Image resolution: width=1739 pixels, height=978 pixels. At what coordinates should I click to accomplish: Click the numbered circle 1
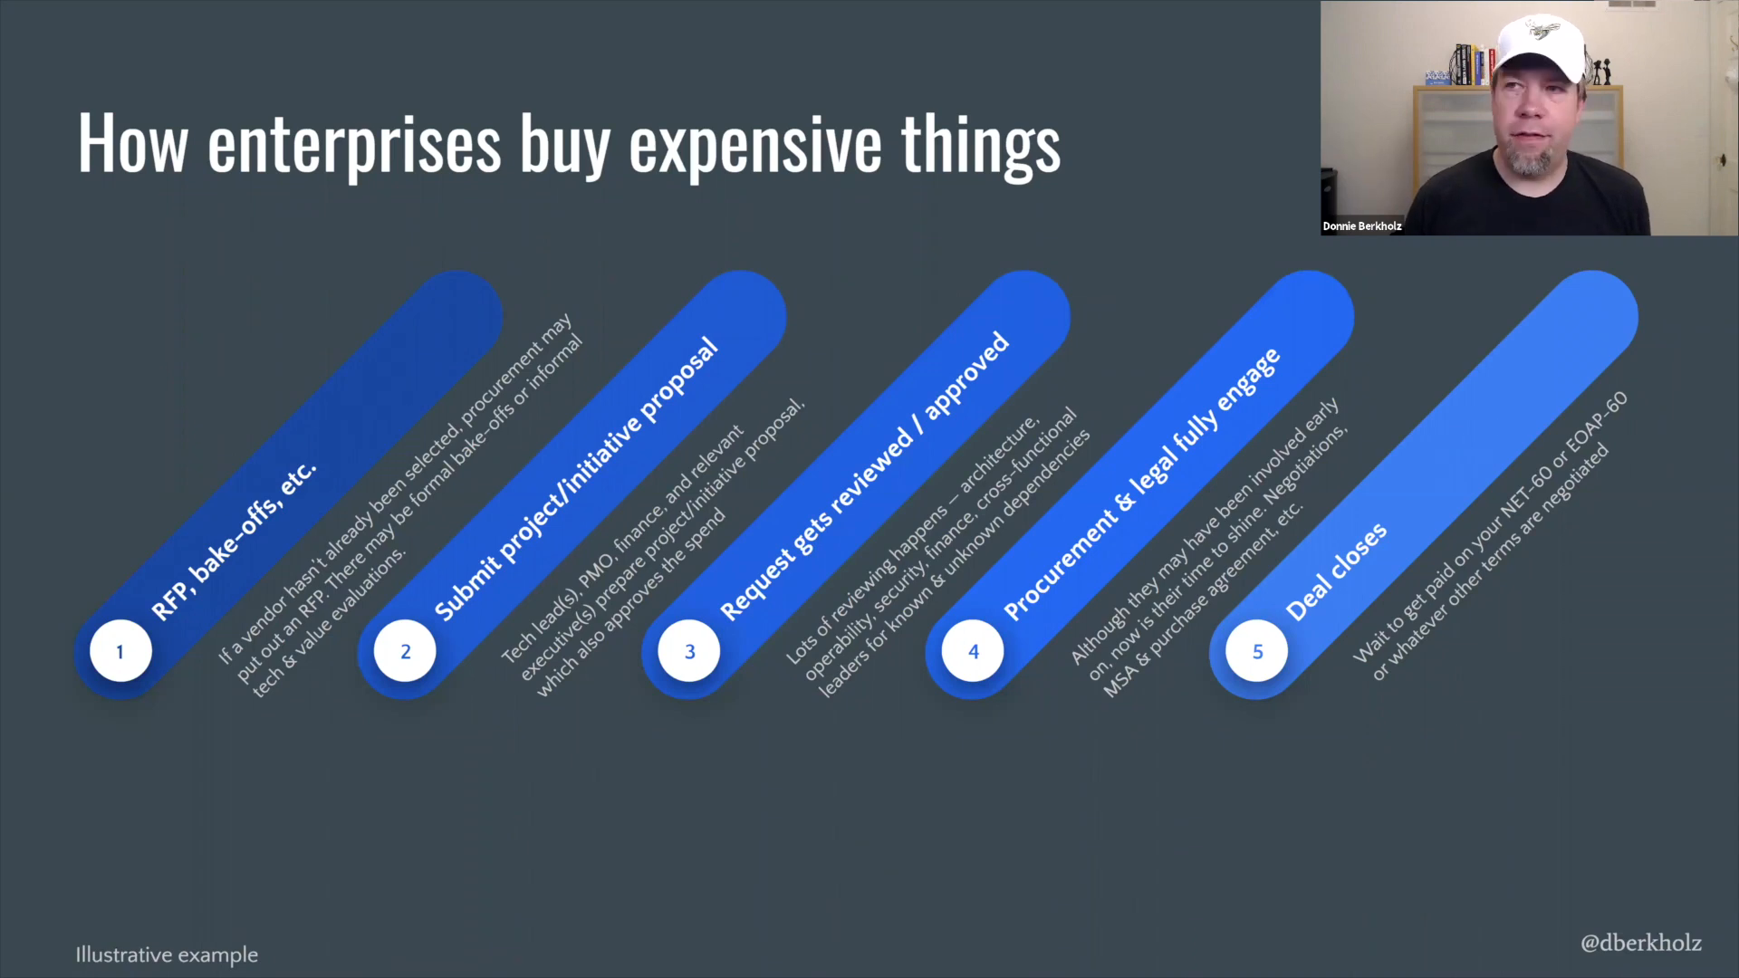[x=120, y=651]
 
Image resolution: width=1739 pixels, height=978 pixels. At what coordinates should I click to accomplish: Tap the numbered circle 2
[x=405, y=651]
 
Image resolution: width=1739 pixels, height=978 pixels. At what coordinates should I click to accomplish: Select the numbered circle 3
[x=689, y=651]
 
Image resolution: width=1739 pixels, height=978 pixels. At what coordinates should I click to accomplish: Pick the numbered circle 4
[x=973, y=651]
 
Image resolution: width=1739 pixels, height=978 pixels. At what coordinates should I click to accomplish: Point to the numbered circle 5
[x=1257, y=651]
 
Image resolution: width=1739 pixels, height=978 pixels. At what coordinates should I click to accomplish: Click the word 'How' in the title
[x=132, y=142]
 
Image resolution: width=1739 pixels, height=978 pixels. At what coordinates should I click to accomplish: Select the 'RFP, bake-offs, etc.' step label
[x=234, y=542]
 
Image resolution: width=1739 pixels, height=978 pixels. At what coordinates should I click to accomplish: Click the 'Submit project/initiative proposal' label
[x=576, y=480]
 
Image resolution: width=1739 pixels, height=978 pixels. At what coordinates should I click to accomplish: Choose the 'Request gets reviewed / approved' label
[x=864, y=476]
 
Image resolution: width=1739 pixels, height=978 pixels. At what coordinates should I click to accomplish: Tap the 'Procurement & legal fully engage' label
[x=1142, y=484]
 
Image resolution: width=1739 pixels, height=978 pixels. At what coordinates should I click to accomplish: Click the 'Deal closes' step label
[x=1336, y=572]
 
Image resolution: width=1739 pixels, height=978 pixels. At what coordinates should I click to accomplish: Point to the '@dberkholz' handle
[x=1641, y=943]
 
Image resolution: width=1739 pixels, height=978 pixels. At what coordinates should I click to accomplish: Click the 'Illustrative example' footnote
[x=167, y=955]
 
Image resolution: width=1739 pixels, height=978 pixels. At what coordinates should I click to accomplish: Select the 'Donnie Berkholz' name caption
[x=1362, y=226]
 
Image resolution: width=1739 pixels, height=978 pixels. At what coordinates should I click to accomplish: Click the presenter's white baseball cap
[x=1541, y=45]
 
